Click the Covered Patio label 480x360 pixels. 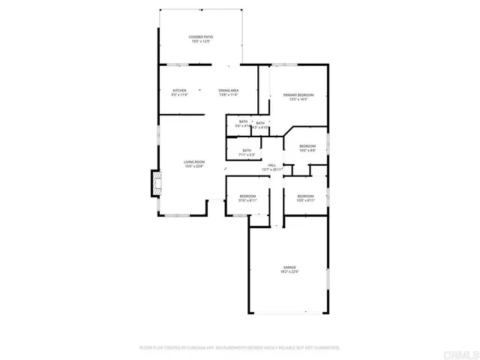(x=200, y=36)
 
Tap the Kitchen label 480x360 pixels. (x=179, y=91)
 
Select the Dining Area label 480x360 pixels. (x=229, y=91)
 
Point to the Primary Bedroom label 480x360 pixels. (x=298, y=94)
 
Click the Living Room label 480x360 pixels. (x=194, y=161)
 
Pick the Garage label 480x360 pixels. (x=289, y=267)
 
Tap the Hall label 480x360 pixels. (x=271, y=165)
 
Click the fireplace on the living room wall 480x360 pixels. (x=157, y=184)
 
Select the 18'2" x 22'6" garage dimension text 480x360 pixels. (x=289, y=272)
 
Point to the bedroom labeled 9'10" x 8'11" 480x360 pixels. (x=247, y=198)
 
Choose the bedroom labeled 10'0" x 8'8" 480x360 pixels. (x=307, y=148)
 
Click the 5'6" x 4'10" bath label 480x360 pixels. (x=243, y=124)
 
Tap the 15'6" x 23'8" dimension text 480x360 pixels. (x=194, y=166)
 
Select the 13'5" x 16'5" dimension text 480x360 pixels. (x=298, y=100)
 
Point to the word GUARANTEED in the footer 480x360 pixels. (x=325, y=348)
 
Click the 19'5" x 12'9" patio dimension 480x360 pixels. (x=200, y=41)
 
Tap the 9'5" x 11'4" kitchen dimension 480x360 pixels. (x=179, y=95)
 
